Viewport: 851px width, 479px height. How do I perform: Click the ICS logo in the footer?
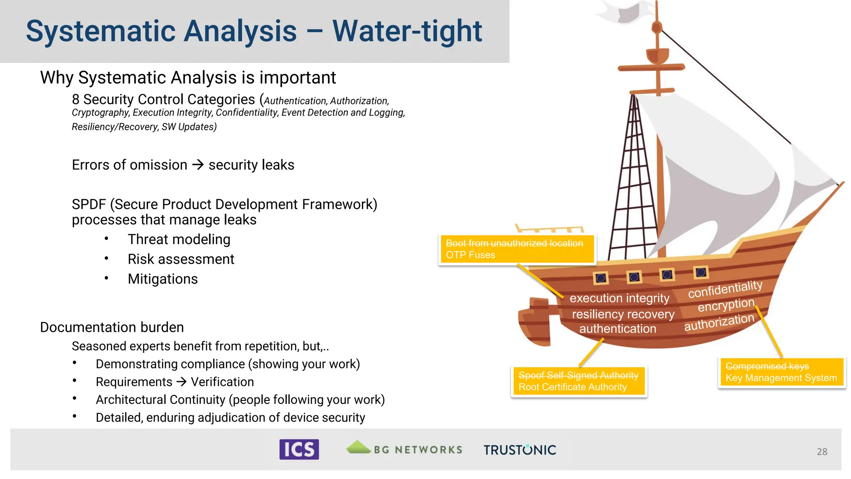[299, 449]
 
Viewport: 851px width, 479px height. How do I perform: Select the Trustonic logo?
[519, 450]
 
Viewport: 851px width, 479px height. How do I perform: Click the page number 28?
[821, 452]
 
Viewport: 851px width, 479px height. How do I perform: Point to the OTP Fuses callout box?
[517, 249]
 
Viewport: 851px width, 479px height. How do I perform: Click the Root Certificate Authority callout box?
[578, 381]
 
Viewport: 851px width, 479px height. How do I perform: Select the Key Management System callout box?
[781, 372]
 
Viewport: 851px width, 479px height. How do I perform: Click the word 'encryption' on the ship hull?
[726, 305]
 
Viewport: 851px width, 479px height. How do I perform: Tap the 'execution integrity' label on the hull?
[619, 298]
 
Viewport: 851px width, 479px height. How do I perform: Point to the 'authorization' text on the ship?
[719, 322]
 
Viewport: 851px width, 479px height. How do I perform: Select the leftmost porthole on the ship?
[600, 278]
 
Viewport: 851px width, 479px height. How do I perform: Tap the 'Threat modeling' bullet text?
[179, 239]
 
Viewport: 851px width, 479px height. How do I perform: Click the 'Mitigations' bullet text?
[162, 279]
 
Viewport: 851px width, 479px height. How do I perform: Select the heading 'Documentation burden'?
[112, 327]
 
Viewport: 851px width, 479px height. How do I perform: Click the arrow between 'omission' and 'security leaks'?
[198, 165]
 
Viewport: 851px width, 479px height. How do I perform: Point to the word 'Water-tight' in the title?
[407, 31]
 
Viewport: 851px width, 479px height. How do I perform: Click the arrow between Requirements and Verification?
[182, 382]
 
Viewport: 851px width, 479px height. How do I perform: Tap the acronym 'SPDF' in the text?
[89, 205]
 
